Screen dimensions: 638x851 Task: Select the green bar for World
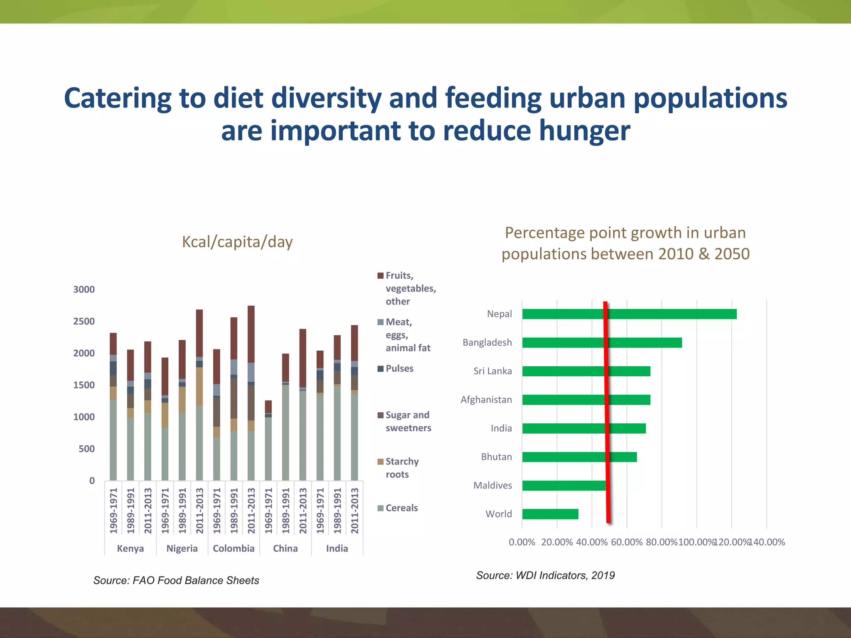point(550,514)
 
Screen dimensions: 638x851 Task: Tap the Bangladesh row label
point(487,343)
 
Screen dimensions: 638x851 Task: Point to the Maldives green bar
point(564,486)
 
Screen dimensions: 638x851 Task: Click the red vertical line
point(607,411)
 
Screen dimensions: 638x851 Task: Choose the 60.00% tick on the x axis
point(627,542)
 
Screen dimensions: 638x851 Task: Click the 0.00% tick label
point(522,542)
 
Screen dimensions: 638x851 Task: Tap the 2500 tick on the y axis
point(84,321)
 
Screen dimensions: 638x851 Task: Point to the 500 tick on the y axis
point(86,449)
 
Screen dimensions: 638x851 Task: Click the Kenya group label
point(130,548)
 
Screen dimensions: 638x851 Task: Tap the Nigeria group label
point(182,548)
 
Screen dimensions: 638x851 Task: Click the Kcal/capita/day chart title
point(237,242)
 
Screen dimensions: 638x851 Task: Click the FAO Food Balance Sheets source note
point(176,580)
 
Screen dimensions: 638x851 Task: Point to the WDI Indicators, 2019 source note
point(545,575)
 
